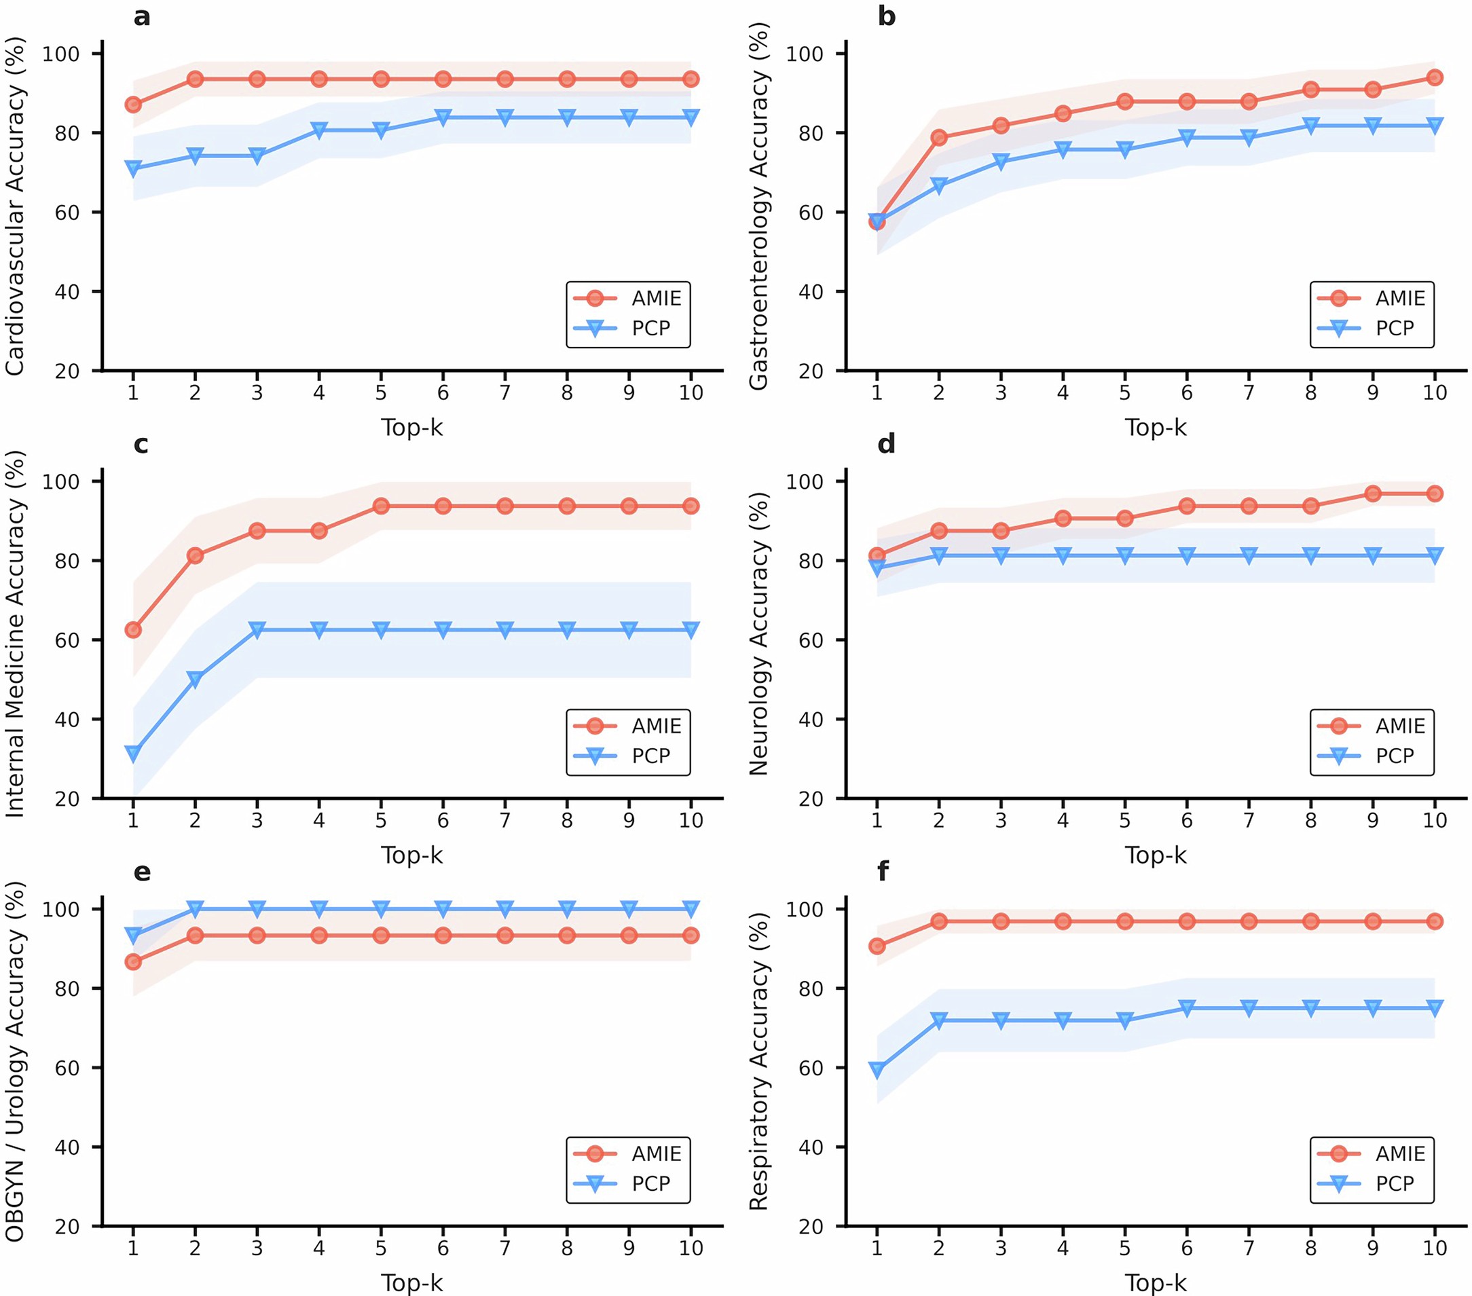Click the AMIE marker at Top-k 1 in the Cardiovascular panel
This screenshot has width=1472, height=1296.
tap(133, 105)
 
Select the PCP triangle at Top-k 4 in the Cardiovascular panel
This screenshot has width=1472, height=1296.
tap(319, 130)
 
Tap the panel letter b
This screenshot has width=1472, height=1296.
tap(887, 16)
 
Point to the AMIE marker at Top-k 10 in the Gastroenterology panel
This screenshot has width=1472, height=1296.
tap(1435, 78)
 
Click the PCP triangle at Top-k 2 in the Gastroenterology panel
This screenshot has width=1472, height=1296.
tap(938, 186)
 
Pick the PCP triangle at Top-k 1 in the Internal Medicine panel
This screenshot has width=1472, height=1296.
tap(133, 754)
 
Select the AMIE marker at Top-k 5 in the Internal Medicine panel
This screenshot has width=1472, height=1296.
tap(381, 506)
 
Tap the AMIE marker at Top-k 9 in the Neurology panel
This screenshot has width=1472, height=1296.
tap(1373, 494)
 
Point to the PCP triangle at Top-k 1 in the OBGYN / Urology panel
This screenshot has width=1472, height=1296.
tap(133, 936)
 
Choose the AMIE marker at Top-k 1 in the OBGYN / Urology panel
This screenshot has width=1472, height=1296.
tap(133, 962)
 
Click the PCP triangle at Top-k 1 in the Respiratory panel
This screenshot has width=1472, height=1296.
tap(877, 1070)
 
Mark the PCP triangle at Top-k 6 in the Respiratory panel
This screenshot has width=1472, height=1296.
tap(1187, 1008)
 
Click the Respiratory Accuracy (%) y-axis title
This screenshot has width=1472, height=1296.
tap(759, 1061)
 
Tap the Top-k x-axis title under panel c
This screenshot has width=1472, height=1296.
tap(411, 855)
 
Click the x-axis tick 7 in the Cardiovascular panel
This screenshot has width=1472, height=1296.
tap(505, 392)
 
